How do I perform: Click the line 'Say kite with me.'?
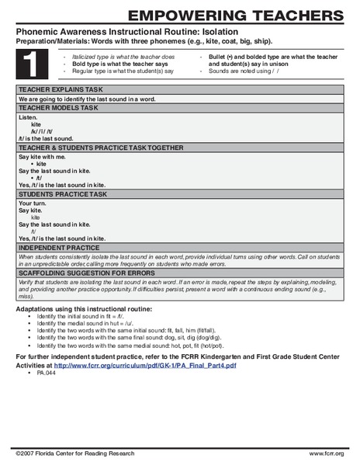(41, 156)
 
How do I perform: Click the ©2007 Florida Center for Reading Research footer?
(75, 453)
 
